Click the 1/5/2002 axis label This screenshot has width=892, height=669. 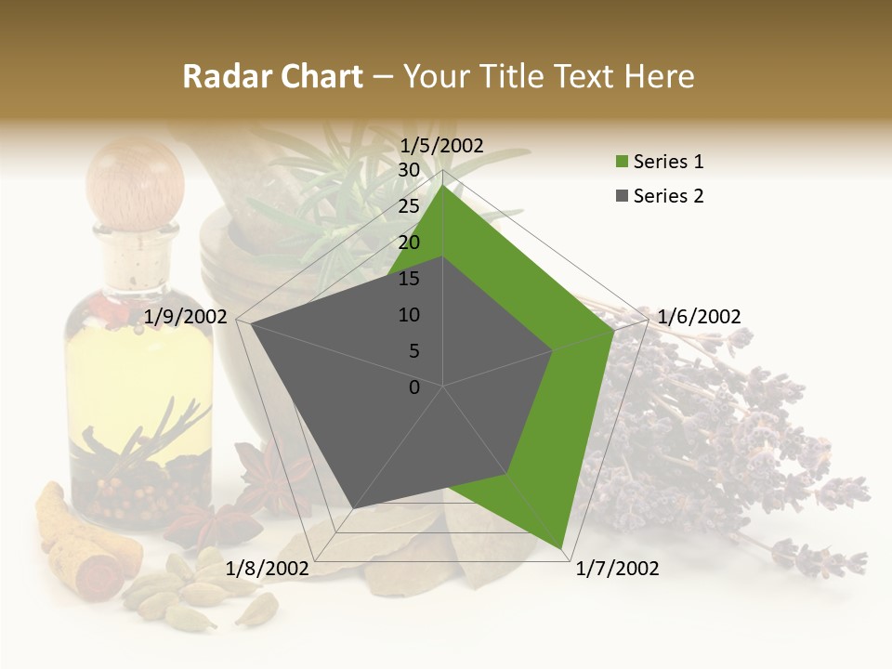442,145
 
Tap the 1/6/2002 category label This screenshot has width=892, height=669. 699,317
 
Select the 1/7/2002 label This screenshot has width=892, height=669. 617,569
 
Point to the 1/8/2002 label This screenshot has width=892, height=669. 267,569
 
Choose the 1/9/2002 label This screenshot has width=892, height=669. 186,317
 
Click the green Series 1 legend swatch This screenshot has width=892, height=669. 621,163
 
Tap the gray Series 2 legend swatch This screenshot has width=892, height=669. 621,196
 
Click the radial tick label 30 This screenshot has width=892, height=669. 409,170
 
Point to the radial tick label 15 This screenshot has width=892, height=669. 409,279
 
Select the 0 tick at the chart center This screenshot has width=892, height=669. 414,387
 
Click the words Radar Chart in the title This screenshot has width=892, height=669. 272,76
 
